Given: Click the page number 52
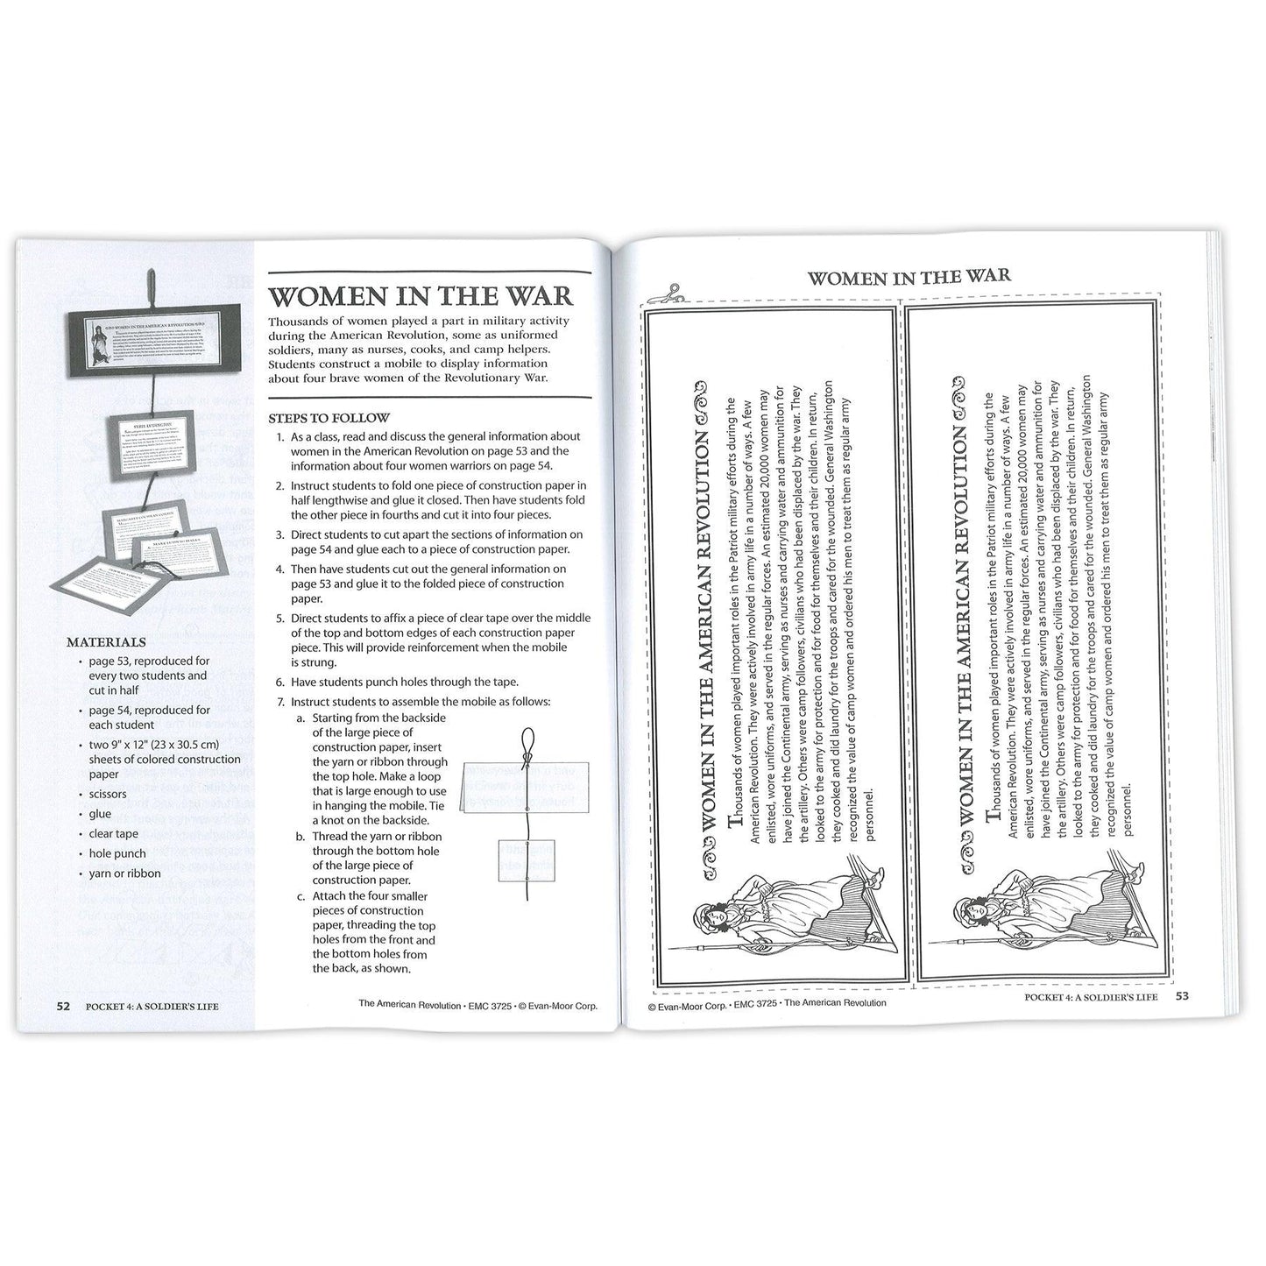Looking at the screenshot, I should tap(63, 1006).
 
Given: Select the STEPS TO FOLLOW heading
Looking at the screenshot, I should tap(329, 418).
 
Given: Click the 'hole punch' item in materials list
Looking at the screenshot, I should tap(117, 853).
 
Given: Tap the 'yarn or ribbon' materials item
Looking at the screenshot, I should tap(124, 873).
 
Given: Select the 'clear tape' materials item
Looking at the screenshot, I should tap(113, 834).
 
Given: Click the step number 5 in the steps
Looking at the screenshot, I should tap(280, 618).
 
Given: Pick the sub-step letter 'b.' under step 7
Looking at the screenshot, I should tap(301, 836).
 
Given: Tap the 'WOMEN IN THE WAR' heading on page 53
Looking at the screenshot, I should tap(909, 277).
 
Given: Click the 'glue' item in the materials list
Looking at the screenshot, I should tap(100, 814).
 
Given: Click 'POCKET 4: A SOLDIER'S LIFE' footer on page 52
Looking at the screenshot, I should tap(152, 1006).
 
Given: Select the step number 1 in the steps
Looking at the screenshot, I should tap(280, 436).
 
